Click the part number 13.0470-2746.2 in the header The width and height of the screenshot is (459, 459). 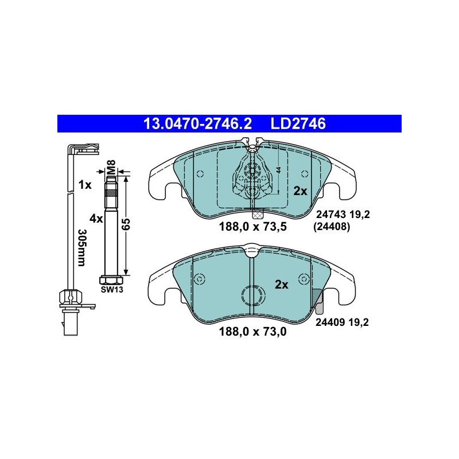click(197, 123)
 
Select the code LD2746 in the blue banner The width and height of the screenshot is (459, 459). click(298, 123)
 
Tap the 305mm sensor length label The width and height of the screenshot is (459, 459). click(82, 247)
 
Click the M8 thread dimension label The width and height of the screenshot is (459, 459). click(111, 167)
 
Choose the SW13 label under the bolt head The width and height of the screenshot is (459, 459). click(112, 290)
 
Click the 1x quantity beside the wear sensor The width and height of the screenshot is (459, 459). click(85, 185)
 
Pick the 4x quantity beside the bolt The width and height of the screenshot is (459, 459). click(96, 219)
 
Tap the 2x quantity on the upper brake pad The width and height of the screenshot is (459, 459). click(300, 191)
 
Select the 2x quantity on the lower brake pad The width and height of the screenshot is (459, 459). click(282, 285)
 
